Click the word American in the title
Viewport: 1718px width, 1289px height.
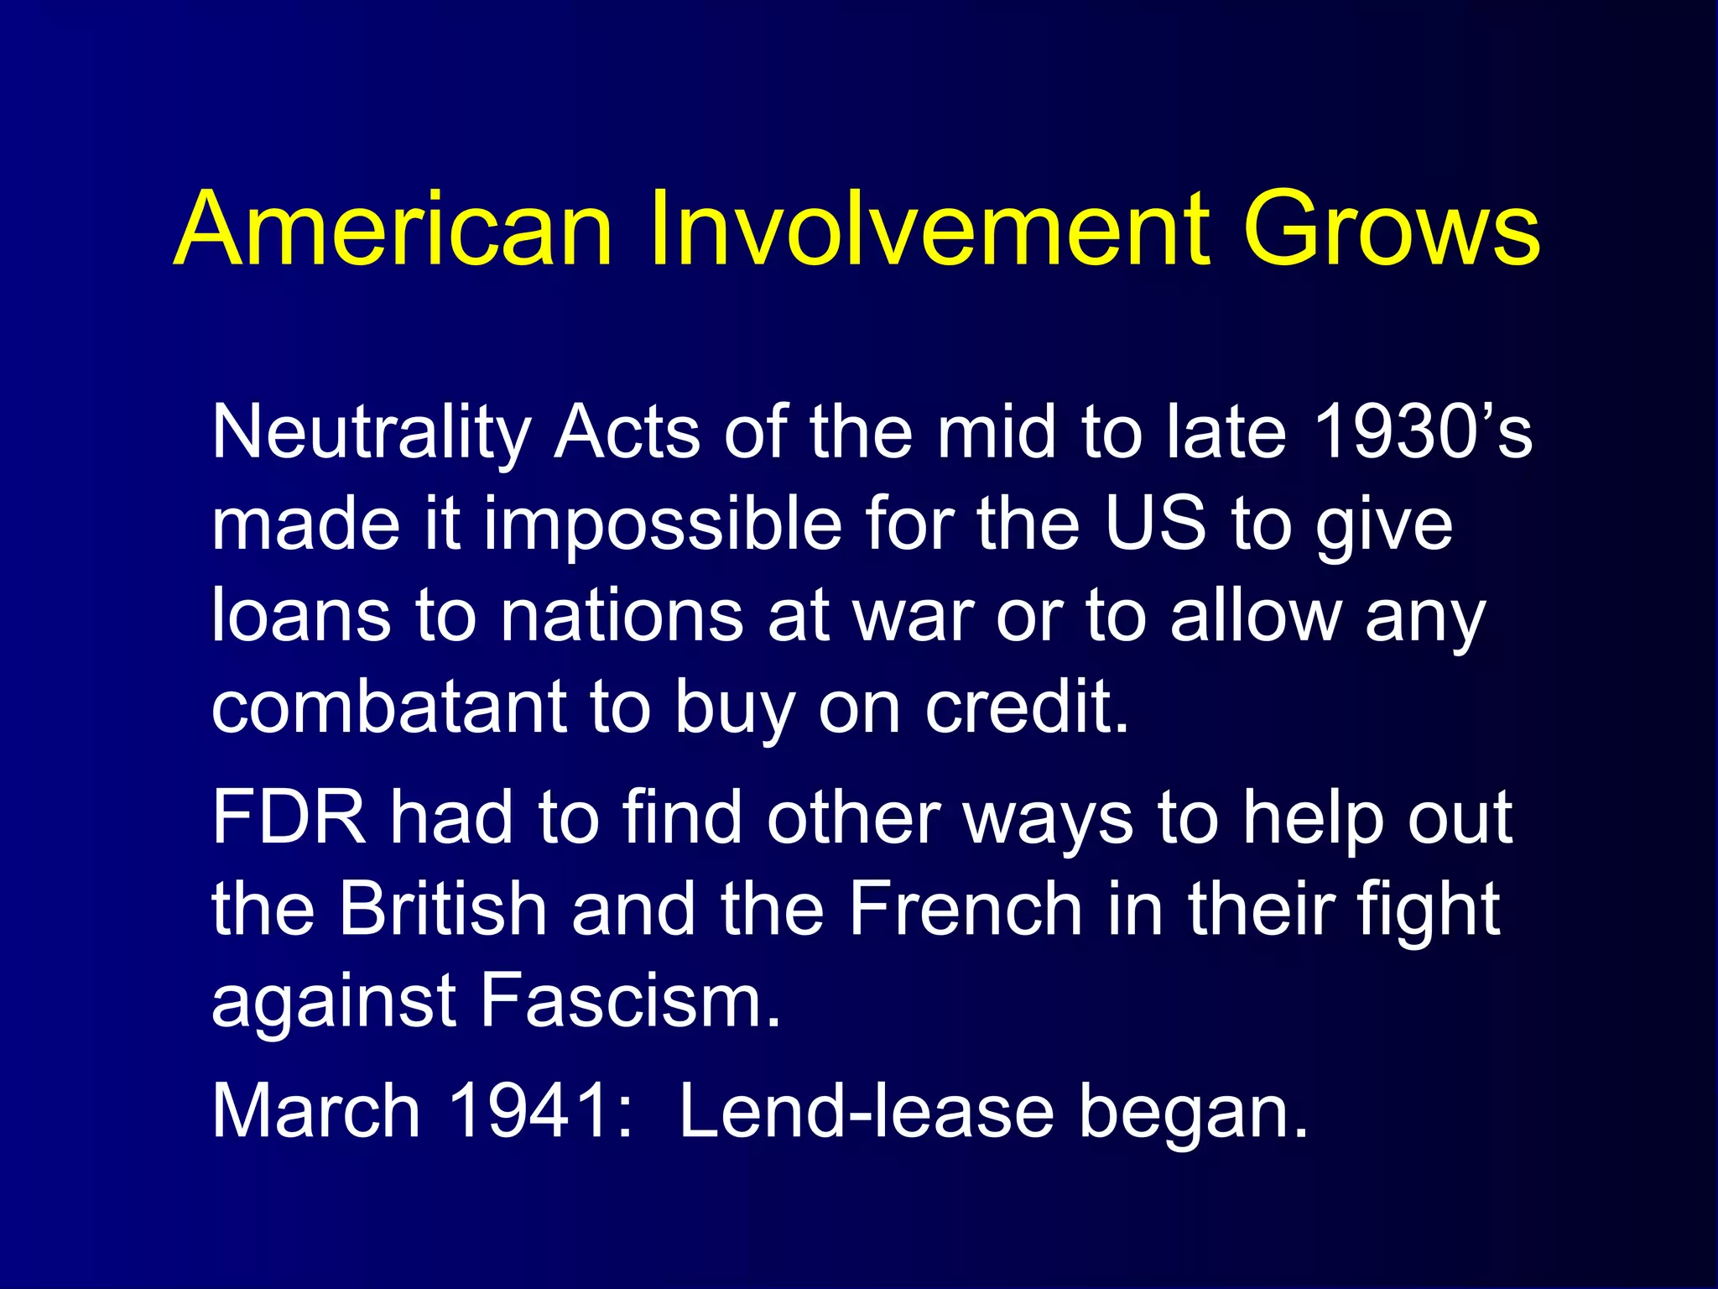click(394, 228)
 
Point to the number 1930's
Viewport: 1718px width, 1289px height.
click(1423, 431)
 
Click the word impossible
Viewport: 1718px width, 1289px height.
click(663, 524)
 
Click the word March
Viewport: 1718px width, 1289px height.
click(315, 1111)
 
